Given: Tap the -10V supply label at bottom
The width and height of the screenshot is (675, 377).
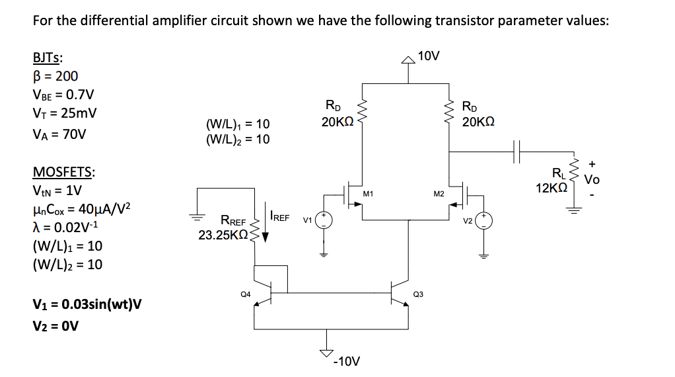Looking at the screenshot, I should point(347,361).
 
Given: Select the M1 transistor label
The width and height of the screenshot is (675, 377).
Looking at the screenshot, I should point(369,194).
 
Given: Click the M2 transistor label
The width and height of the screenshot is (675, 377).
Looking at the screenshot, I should point(439,194).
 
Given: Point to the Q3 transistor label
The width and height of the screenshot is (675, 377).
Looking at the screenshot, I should point(418,293).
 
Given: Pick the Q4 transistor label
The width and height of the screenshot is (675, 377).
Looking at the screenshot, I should point(244,293).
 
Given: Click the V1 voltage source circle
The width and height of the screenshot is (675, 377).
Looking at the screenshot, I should point(323,220).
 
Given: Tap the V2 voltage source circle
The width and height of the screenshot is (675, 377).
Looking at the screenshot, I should point(483,220).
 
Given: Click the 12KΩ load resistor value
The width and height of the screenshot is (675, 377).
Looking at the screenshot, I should point(550,188).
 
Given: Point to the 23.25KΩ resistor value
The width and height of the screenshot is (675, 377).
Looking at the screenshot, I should point(223,234).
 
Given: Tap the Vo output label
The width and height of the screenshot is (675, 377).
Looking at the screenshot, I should point(592,179).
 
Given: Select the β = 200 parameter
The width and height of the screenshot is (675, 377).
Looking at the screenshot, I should point(55,76).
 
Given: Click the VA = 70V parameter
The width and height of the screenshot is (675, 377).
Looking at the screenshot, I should point(59,134).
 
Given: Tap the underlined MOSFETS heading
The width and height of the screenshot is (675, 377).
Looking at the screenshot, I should point(63,173).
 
